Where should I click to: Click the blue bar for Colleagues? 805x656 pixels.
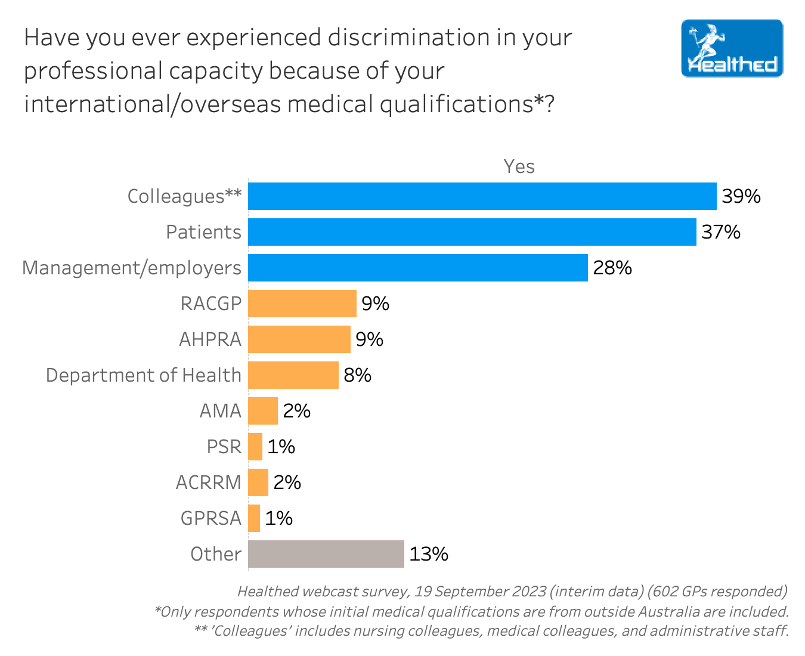[482, 196]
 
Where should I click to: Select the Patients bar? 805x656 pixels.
[472, 232]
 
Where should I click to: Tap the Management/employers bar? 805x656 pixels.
[417, 268]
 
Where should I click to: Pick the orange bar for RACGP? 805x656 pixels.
[302, 304]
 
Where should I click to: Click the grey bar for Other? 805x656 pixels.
[326, 554]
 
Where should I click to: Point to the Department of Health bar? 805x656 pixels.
[293, 375]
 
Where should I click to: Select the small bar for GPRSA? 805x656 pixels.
[254, 518]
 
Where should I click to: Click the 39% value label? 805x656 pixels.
[741, 196]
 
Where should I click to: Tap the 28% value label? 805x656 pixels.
[612, 268]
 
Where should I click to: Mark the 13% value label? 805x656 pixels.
[429, 554]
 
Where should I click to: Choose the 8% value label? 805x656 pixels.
[357, 375]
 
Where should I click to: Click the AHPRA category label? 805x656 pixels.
[210, 339]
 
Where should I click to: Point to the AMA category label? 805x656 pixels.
[220, 411]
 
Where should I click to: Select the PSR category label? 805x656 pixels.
[224, 447]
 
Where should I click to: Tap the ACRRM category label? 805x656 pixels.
[208, 482]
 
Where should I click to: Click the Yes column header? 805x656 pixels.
[519, 166]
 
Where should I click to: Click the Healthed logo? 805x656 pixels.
[732, 48]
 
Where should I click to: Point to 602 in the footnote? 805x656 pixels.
[662, 592]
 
